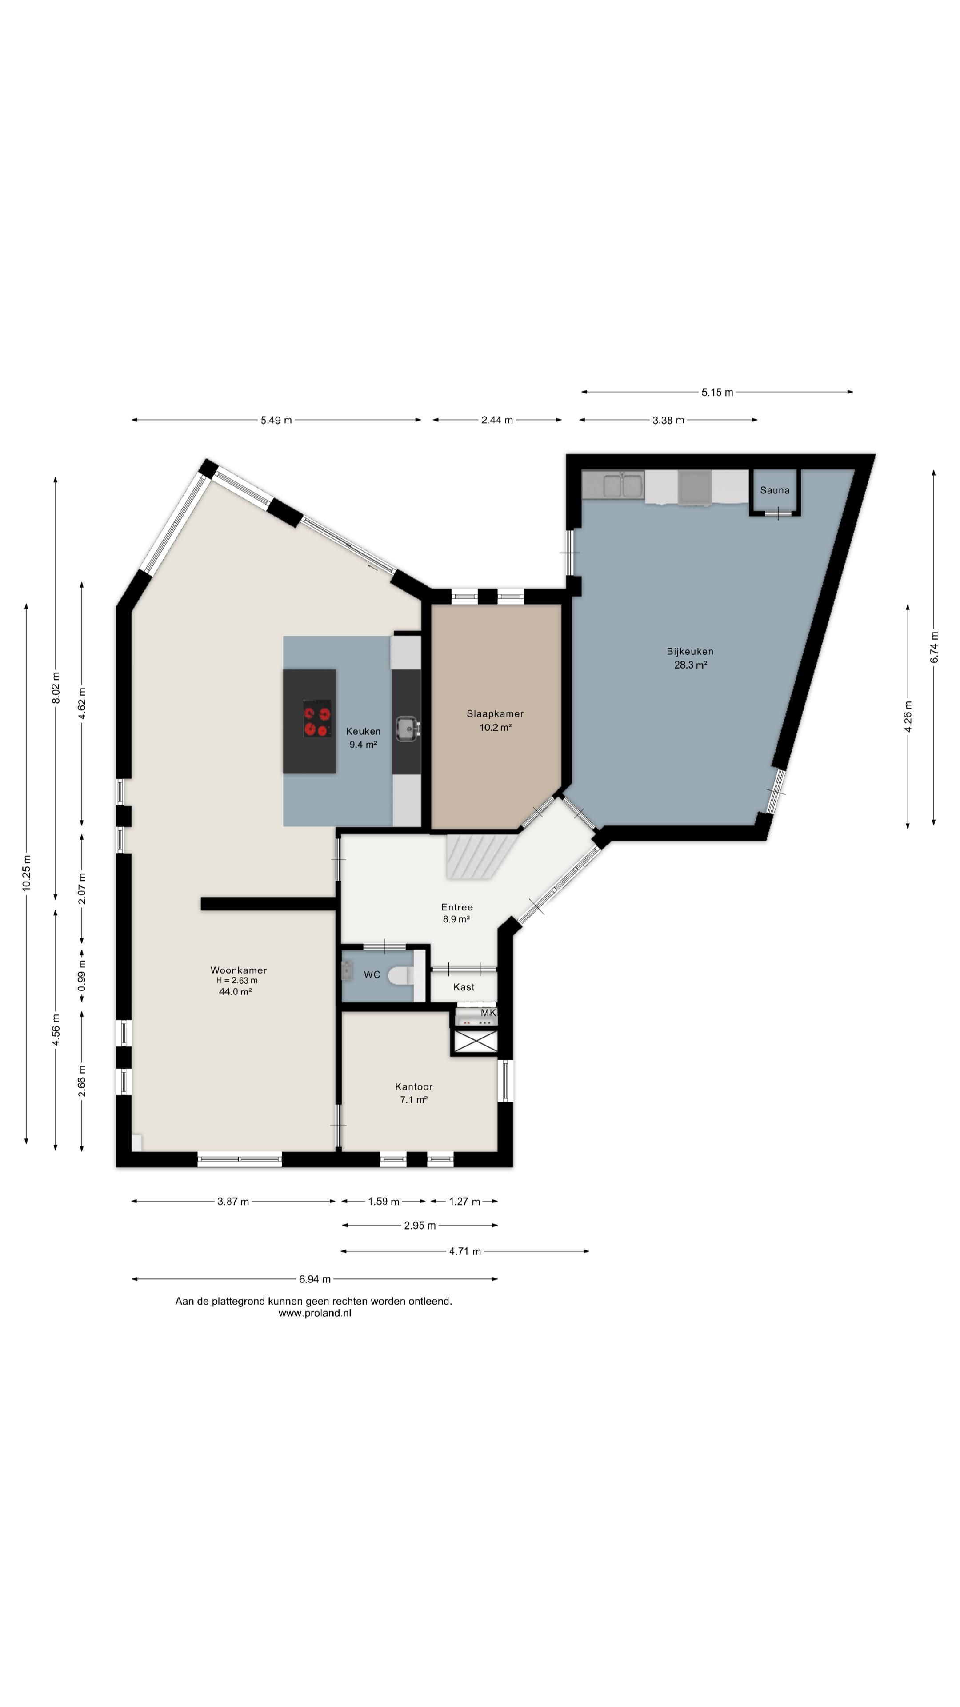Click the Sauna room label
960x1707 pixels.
(775, 490)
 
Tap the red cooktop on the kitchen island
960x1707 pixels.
(317, 718)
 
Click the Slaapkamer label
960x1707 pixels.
(495, 713)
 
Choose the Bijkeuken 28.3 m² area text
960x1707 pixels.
(690, 665)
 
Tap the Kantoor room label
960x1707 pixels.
(413, 1087)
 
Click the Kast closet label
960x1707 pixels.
(464, 987)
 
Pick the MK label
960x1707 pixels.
(488, 1013)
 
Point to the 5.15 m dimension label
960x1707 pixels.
(717, 392)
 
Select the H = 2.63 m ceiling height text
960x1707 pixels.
(236, 981)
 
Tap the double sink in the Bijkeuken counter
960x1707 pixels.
(622, 486)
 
